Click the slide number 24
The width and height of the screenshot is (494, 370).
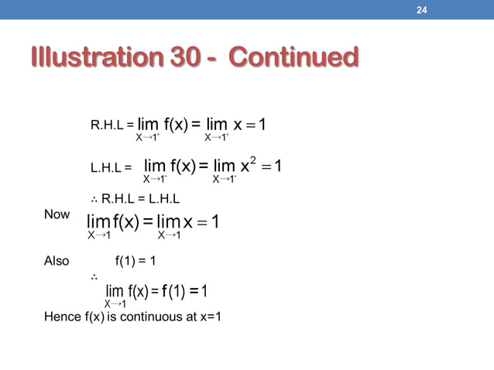(x=423, y=10)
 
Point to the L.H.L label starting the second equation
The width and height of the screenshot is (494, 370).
(x=107, y=166)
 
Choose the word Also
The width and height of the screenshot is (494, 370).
(x=57, y=262)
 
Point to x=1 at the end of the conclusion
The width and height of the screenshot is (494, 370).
(x=208, y=316)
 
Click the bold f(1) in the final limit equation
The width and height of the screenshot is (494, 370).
(x=167, y=291)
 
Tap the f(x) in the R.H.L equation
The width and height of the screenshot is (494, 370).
(x=180, y=125)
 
